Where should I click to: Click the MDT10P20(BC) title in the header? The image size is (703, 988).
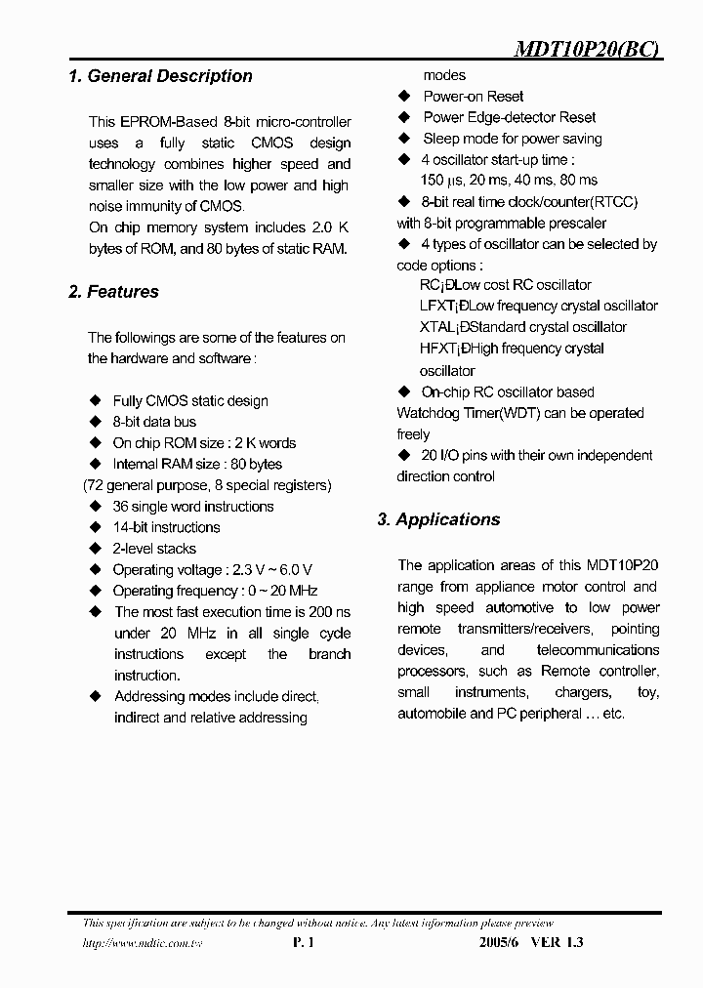588,52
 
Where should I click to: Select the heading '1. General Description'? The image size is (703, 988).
160,76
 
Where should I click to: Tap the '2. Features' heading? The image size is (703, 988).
113,292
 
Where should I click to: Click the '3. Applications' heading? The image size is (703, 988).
438,519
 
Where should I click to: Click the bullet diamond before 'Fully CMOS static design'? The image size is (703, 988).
95,400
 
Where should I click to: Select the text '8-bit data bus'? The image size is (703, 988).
154,422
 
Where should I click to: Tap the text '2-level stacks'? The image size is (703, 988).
154,549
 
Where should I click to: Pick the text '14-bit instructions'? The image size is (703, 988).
166,527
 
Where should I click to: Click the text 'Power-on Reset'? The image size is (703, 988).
473,97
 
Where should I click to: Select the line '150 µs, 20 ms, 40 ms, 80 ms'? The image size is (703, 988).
508,181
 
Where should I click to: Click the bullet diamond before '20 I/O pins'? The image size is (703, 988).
403,455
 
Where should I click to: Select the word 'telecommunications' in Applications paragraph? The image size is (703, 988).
598,650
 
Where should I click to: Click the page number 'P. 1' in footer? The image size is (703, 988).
303,943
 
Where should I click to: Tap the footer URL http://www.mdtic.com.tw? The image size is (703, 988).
134,943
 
